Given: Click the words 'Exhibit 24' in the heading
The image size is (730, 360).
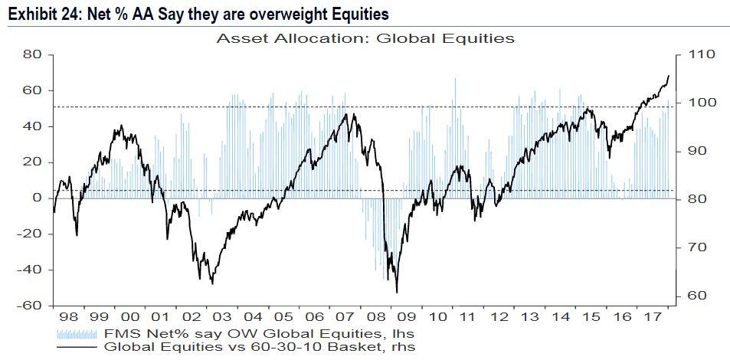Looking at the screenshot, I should [x=35, y=14].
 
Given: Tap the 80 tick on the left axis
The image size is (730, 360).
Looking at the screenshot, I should [x=31, y=55].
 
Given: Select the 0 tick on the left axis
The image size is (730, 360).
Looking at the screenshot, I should [x=36, y=198].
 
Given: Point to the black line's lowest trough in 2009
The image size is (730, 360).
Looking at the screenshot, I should [x=397, y=292].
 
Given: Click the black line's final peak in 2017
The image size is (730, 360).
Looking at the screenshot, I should [x=669, y=76].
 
